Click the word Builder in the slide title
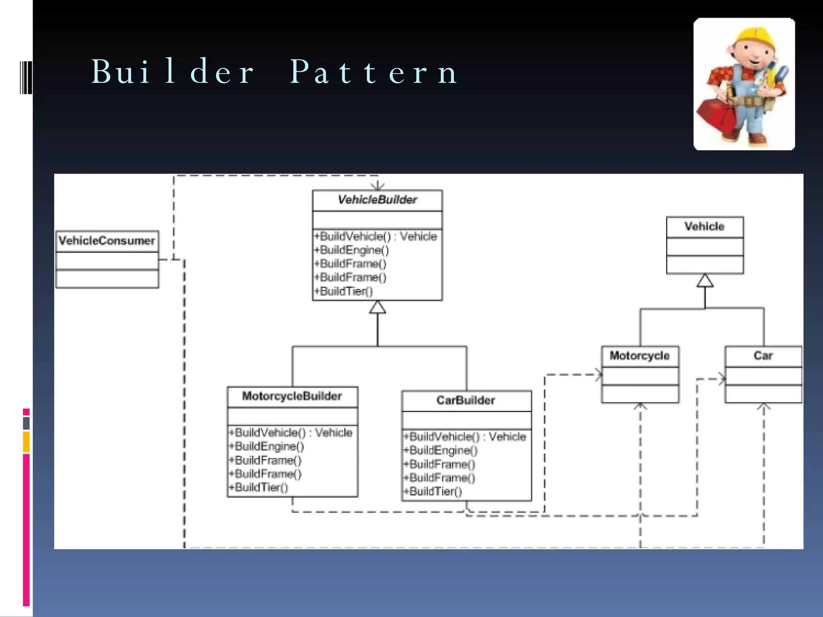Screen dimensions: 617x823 click(173, 72)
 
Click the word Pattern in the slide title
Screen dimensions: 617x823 click(374, 72)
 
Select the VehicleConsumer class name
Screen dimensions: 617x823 click(106, 241)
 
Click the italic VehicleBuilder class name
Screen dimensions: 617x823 click(377, 200)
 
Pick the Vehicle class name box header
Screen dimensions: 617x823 click(704, 227)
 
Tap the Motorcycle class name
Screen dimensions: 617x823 click(639, 355)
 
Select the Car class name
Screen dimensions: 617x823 click(763, 355)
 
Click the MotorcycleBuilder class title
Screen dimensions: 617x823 click(292, 396)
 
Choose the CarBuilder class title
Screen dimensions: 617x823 click(466, 400)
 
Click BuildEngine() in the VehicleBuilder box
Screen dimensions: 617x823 click(354, 250)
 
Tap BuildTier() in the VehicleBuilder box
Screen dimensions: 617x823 click(346, 291)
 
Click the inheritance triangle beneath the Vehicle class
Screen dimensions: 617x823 click(705, 281)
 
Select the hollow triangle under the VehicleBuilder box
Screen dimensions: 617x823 click(377, 308)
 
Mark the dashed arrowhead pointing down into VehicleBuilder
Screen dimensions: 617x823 click(377, 186)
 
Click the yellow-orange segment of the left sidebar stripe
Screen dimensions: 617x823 click(26, 441)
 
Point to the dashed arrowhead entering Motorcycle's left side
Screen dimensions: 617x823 click(599, 375)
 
